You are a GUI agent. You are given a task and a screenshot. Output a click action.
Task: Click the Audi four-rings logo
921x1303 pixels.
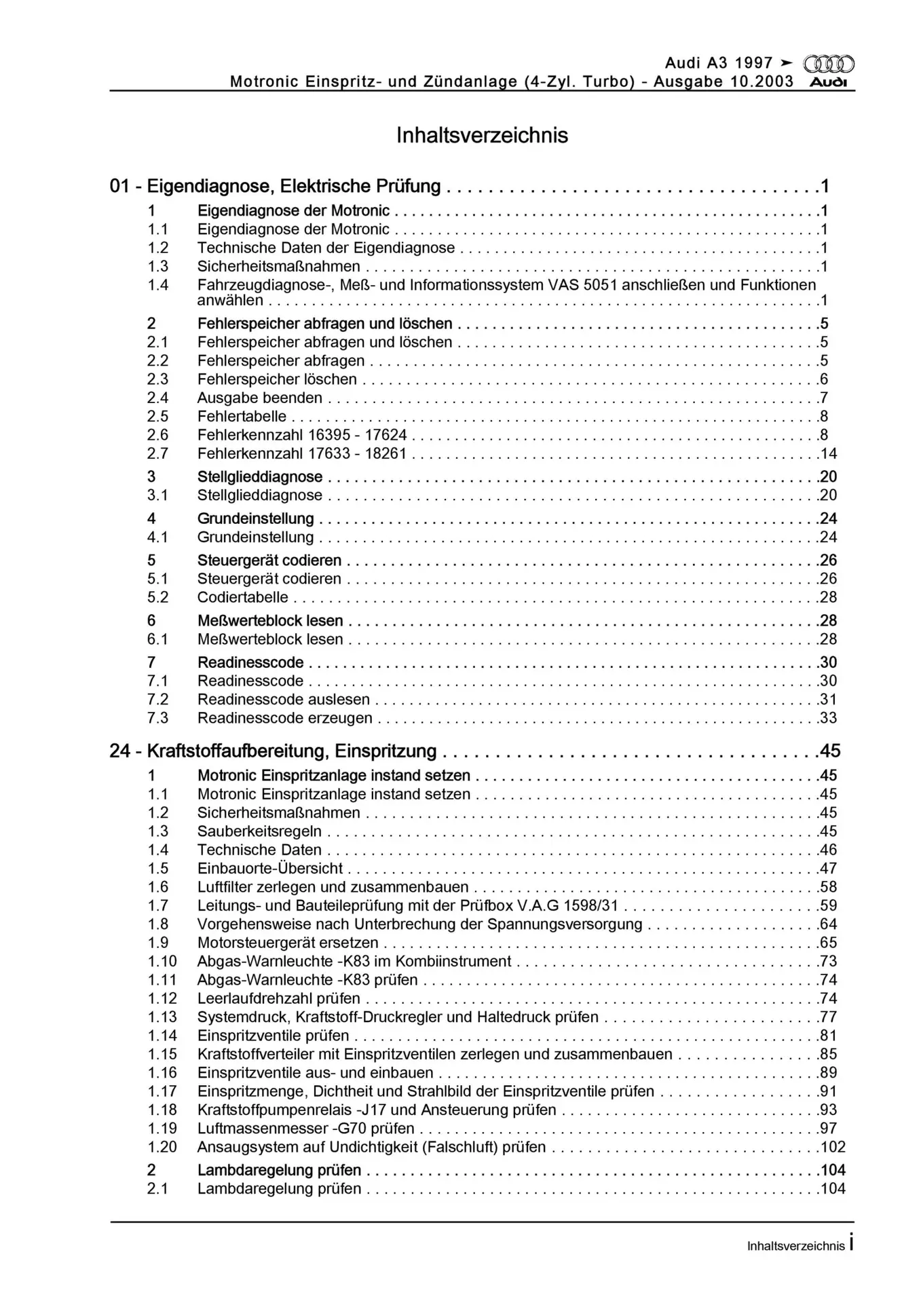click(x=829, y=64)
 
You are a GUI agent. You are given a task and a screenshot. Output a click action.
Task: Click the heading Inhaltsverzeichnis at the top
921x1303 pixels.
click(x=482, y=135)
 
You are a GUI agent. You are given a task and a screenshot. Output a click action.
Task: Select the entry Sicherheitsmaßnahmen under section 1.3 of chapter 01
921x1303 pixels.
click(x=278, y=267)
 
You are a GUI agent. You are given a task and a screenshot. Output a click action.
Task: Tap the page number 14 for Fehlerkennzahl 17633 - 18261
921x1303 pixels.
click(x=829, y=453)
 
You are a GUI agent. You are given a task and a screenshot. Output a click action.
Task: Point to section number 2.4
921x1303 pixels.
click(x=158, y=398)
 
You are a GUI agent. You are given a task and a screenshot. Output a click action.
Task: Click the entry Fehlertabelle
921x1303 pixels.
click(x=242, y=416)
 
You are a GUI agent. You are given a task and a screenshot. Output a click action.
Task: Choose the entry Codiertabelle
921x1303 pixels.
click(x=242, y=597)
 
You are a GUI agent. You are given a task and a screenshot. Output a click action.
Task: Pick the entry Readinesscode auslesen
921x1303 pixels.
click(x=283, y=699)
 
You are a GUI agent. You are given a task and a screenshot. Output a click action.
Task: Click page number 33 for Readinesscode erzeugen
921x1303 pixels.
click(x=829, y=718)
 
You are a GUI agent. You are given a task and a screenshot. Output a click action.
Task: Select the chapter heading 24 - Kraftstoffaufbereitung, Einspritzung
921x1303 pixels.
click(x=273, y=751)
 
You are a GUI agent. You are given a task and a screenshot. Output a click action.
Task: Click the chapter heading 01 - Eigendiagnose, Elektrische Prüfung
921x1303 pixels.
click(x=275, y=186)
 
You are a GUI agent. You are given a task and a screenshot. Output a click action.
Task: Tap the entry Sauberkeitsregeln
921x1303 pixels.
click(x=259, y=831)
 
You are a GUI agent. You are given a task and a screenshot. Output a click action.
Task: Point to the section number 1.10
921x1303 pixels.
click(x=162, y=961)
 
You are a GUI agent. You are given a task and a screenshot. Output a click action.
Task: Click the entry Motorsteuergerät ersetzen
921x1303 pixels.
click(x=288, y=943)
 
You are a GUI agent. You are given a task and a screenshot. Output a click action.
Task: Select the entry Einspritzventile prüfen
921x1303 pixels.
click(x=273, y=1036)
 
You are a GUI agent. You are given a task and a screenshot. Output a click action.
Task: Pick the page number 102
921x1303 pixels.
click(x=833, y=1147)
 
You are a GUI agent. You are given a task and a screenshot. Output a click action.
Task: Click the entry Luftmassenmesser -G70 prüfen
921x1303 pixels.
click(x=305, y=1129)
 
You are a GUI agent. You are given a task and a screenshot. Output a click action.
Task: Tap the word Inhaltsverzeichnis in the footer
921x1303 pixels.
click(x=795, y=1246)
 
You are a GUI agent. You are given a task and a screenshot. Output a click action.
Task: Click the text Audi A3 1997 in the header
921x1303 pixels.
click(x=719, y=63)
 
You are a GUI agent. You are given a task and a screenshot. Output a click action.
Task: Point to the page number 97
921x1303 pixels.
click(x=829, y=1129)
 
